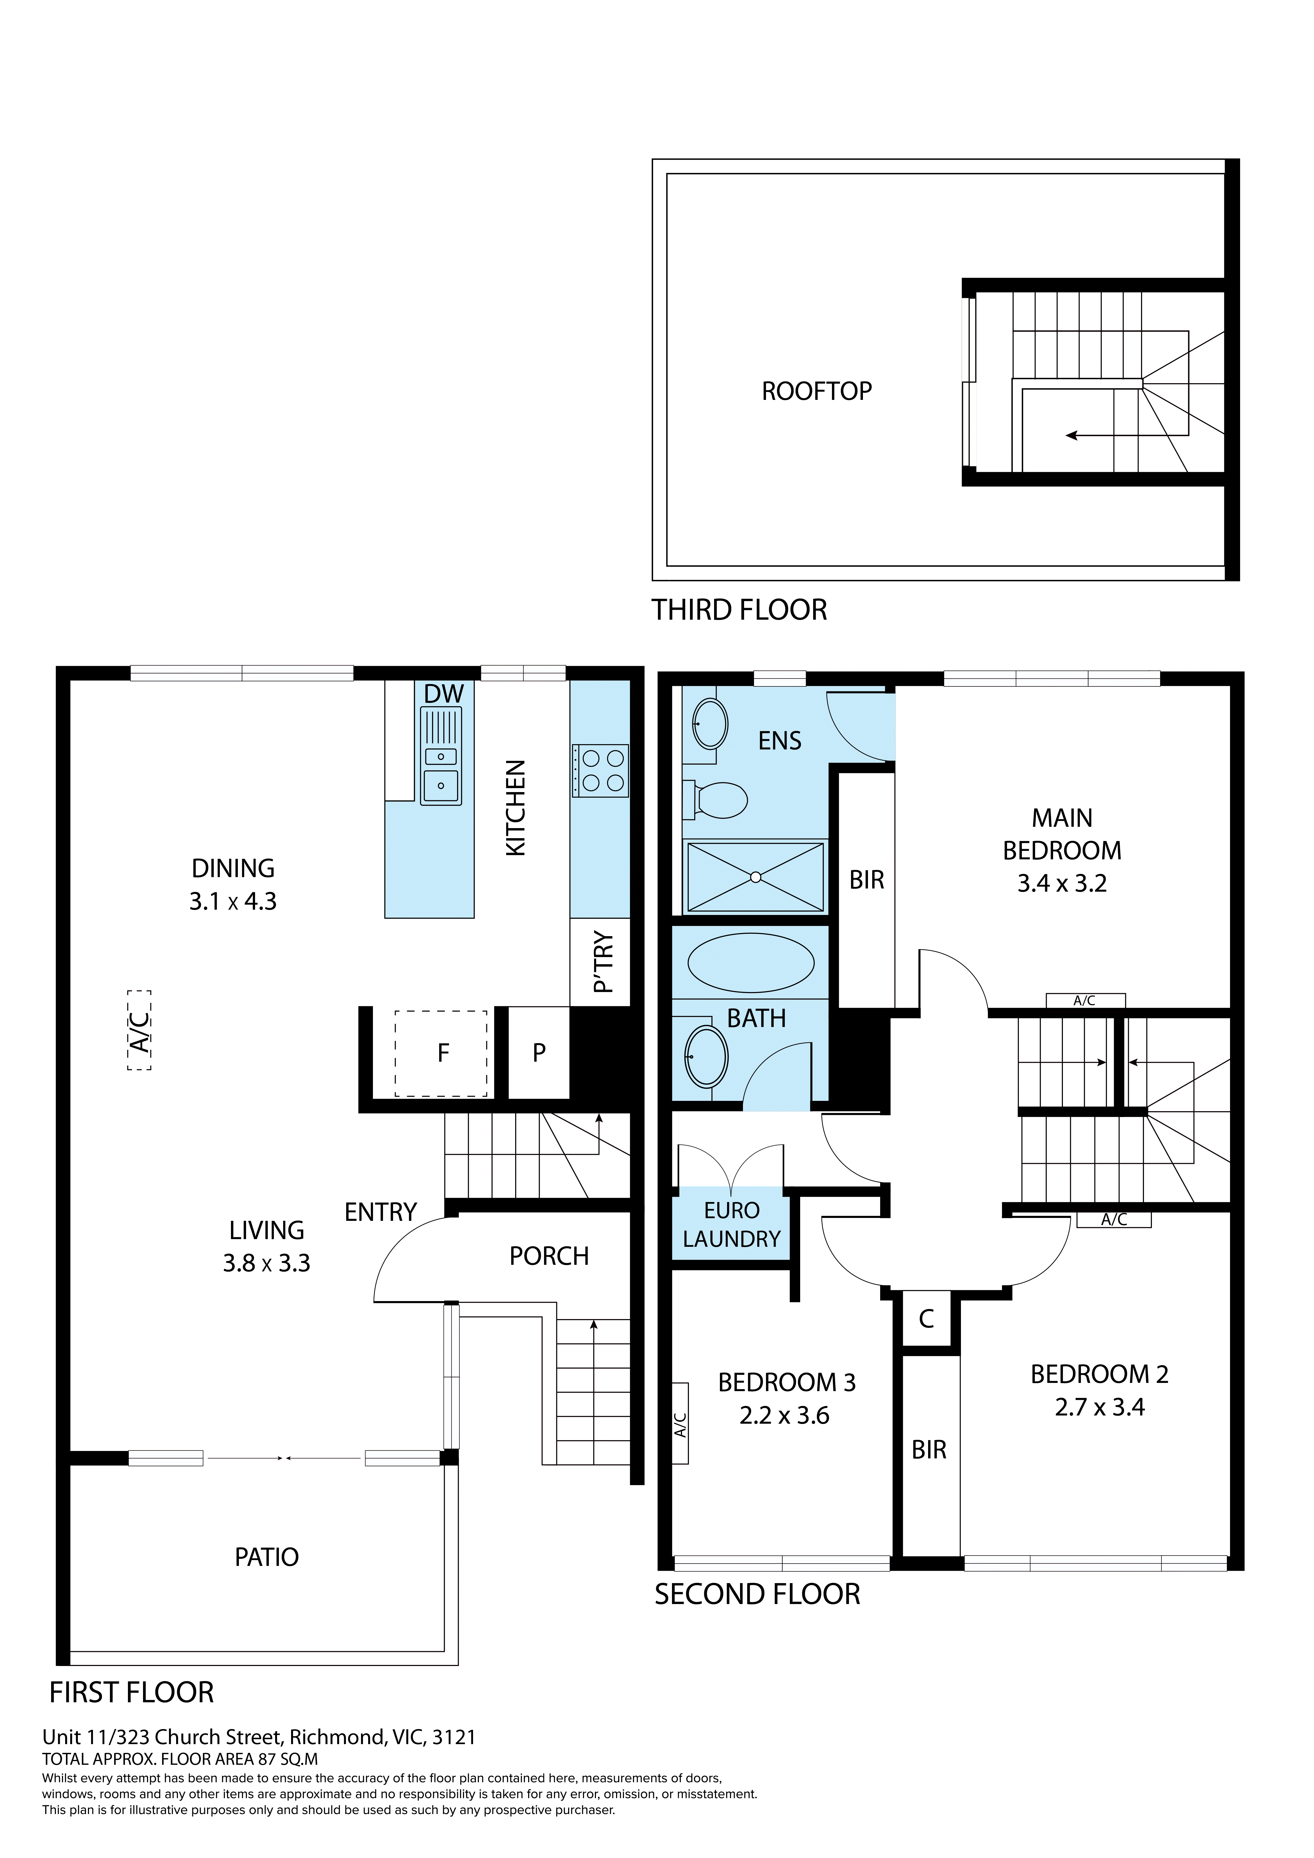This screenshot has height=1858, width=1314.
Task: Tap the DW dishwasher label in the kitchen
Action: pos(444,694)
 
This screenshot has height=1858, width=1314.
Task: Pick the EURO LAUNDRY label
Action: pos(731,1224)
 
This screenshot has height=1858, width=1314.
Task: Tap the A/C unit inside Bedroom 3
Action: pos(680,1424)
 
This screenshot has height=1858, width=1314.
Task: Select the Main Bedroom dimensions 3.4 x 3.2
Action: pos(1061,884)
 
